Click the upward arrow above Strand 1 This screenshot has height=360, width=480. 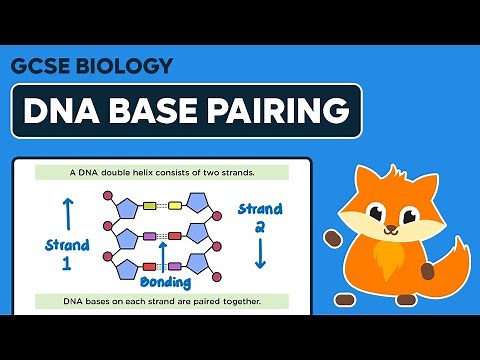[68, 213]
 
